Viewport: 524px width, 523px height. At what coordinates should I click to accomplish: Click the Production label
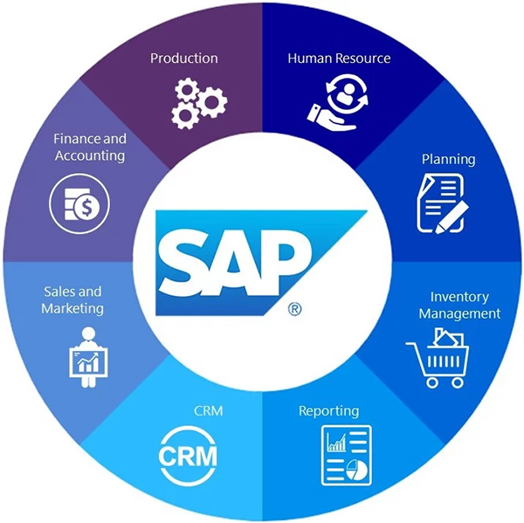pyautogui.click(x=183, y=58)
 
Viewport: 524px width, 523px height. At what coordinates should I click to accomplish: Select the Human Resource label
pyautogui.click(x=339, y=58)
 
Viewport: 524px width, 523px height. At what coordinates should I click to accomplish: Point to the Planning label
pyautogui.click(x=448, y=159)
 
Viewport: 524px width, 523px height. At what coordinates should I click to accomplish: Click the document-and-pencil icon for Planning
pyautogui.click(x=442, y=202)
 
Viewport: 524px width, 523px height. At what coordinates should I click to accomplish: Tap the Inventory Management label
pyautogui.click(x=459, y=305)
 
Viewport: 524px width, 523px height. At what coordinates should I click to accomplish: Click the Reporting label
pyautogui.click(x=328, y=410)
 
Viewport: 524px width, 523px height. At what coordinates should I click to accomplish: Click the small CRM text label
pyautogui.click(x=203, y=409)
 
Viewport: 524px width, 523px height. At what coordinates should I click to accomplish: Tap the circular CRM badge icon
pyautogui.click(x=187, y=454)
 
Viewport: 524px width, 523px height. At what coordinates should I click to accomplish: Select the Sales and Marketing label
pyautogui.click(x=73, y=299)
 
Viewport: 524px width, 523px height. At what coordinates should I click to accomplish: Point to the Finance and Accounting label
pyautogui.click(x=89, y=147)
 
